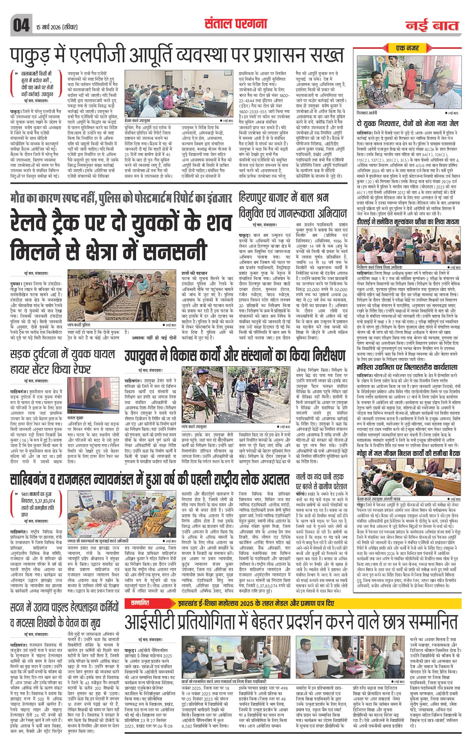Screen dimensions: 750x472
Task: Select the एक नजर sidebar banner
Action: point(407,48)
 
